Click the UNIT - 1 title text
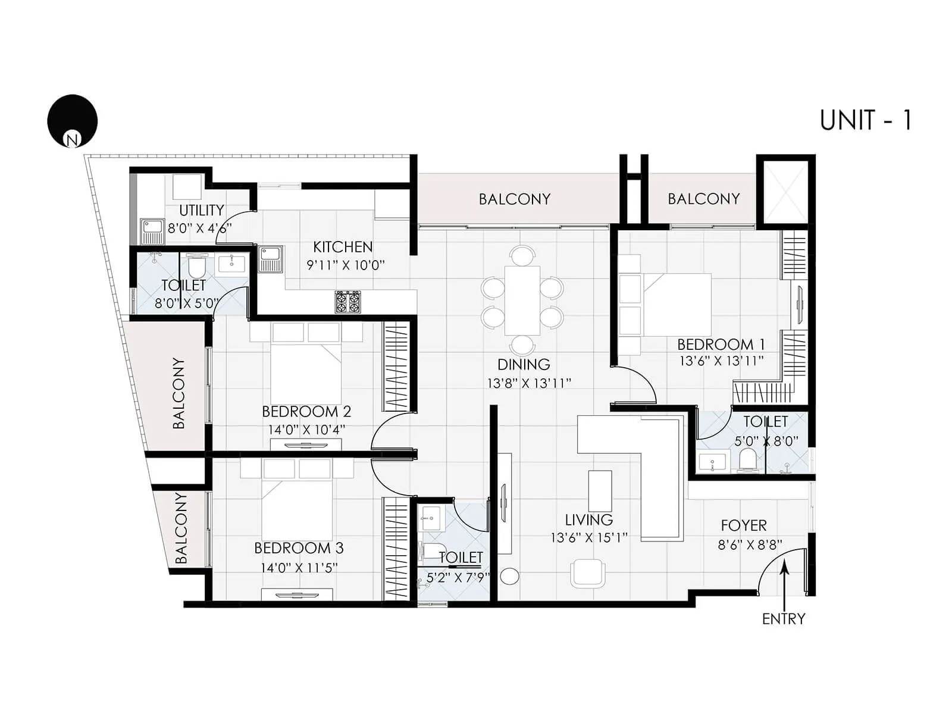(x=865, y=120)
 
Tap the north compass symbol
(x=73, y=121)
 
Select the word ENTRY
(x=783, y=619)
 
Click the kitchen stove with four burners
(x=348, y=302)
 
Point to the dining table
(x=522, y=300)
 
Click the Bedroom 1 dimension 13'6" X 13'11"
(x=721, y=361)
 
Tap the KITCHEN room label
(x=343, y=247)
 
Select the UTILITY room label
(x=201, y=210)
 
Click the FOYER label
(x=743, y=525)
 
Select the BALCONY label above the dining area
(x=515, y=199)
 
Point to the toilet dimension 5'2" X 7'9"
(x=458, y=577)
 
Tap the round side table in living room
(x=509, y=576)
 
